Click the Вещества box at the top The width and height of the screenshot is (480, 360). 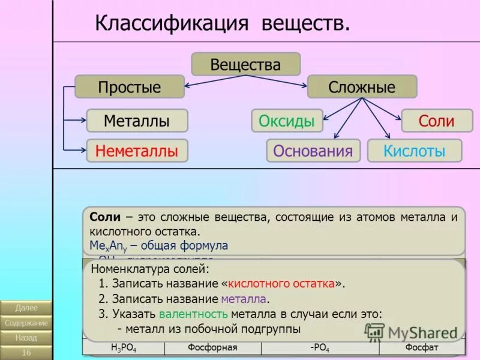(x=245, y=64)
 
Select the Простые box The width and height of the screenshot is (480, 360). (x=129, y=87)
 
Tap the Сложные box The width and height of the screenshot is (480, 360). (x=362, y=87)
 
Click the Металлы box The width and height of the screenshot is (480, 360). (x=137, y=121)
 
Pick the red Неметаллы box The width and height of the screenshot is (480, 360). (x=137, y=151)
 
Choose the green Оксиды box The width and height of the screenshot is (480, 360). (x=287, y=121)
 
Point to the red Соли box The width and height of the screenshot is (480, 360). (x=436, y=121)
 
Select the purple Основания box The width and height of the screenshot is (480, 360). (x=313, y=151)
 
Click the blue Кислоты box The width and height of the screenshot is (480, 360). (x=415, y=151)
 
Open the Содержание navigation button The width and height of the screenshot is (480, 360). (x=26, y=323)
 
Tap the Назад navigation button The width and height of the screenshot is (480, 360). (x=26, y=338)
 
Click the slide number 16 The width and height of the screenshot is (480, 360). (x=26, y=352)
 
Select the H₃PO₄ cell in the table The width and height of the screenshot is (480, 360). (x=123, y=348)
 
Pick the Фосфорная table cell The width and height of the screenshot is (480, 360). (x=212, y=348)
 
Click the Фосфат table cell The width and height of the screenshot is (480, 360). (x=421, y=348)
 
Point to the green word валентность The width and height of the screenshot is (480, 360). (x=193, y=314)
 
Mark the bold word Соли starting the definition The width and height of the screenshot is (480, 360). (x=105, y=217)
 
